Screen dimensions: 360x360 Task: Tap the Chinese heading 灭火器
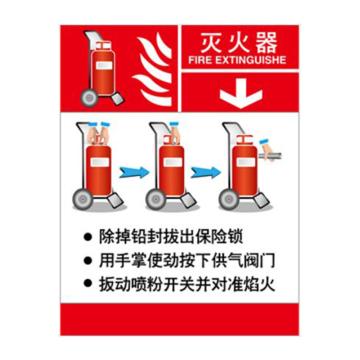click(x=239, y=44)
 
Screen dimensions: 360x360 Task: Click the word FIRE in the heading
click(x=199, y=60)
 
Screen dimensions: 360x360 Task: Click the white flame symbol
click(x=153, y=71)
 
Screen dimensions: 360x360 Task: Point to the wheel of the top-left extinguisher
click(x=89, y=97)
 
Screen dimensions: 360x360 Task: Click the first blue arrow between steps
click(x=134, y=172)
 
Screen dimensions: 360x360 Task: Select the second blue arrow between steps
click(x=206, y=172)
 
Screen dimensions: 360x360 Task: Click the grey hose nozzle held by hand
click(x=269, y=156)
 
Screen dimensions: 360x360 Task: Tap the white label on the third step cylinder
click(x=246, y=162)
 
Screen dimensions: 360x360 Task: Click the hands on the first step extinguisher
click(x=99, y=133)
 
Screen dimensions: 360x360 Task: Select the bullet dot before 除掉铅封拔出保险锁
click(x=88, y=238)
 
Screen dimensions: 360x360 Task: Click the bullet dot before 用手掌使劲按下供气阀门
click(x=88, y=260)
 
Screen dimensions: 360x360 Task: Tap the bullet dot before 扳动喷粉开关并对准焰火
click(x=88, y=283)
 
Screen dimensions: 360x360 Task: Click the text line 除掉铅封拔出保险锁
click(x=170, y=238)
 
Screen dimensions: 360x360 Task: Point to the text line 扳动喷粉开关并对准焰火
click(x=187, y=283)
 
